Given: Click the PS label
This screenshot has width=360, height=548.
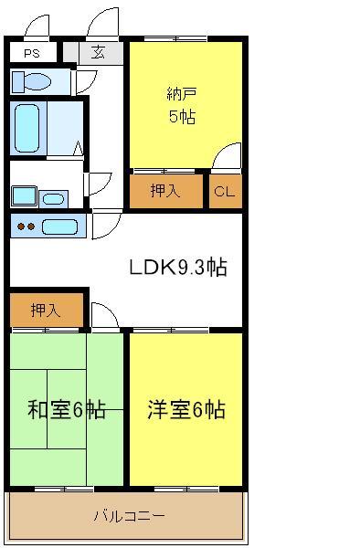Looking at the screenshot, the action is coord(32,54).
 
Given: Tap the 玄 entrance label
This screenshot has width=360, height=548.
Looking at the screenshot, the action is coord(98,52).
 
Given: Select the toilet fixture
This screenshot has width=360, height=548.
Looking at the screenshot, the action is coord(31,82).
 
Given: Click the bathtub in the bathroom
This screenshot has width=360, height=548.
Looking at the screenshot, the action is coord(26,128).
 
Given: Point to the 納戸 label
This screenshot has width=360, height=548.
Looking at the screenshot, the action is coord(182,94).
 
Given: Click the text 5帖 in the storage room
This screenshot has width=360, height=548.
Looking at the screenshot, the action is coord(182,116).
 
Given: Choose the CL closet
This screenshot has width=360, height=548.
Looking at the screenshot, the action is coord(226,191).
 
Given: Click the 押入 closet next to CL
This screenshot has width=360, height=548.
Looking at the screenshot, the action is coord(166,191).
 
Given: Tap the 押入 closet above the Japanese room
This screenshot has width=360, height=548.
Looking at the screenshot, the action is coord(47,310).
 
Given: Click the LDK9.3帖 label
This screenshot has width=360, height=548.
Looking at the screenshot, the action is coord(178,268).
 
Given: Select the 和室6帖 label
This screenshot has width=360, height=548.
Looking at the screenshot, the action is coord(67,409).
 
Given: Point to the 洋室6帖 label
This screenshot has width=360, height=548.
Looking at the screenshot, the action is coord(186,409).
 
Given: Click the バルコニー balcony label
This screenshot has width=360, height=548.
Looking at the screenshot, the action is coord(129,516).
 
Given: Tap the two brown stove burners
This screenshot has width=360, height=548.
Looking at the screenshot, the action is coord(26,227).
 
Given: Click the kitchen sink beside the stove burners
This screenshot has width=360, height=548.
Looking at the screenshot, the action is coord(59,227).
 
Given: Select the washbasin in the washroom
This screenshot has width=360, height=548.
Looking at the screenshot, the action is coord(54,199).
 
